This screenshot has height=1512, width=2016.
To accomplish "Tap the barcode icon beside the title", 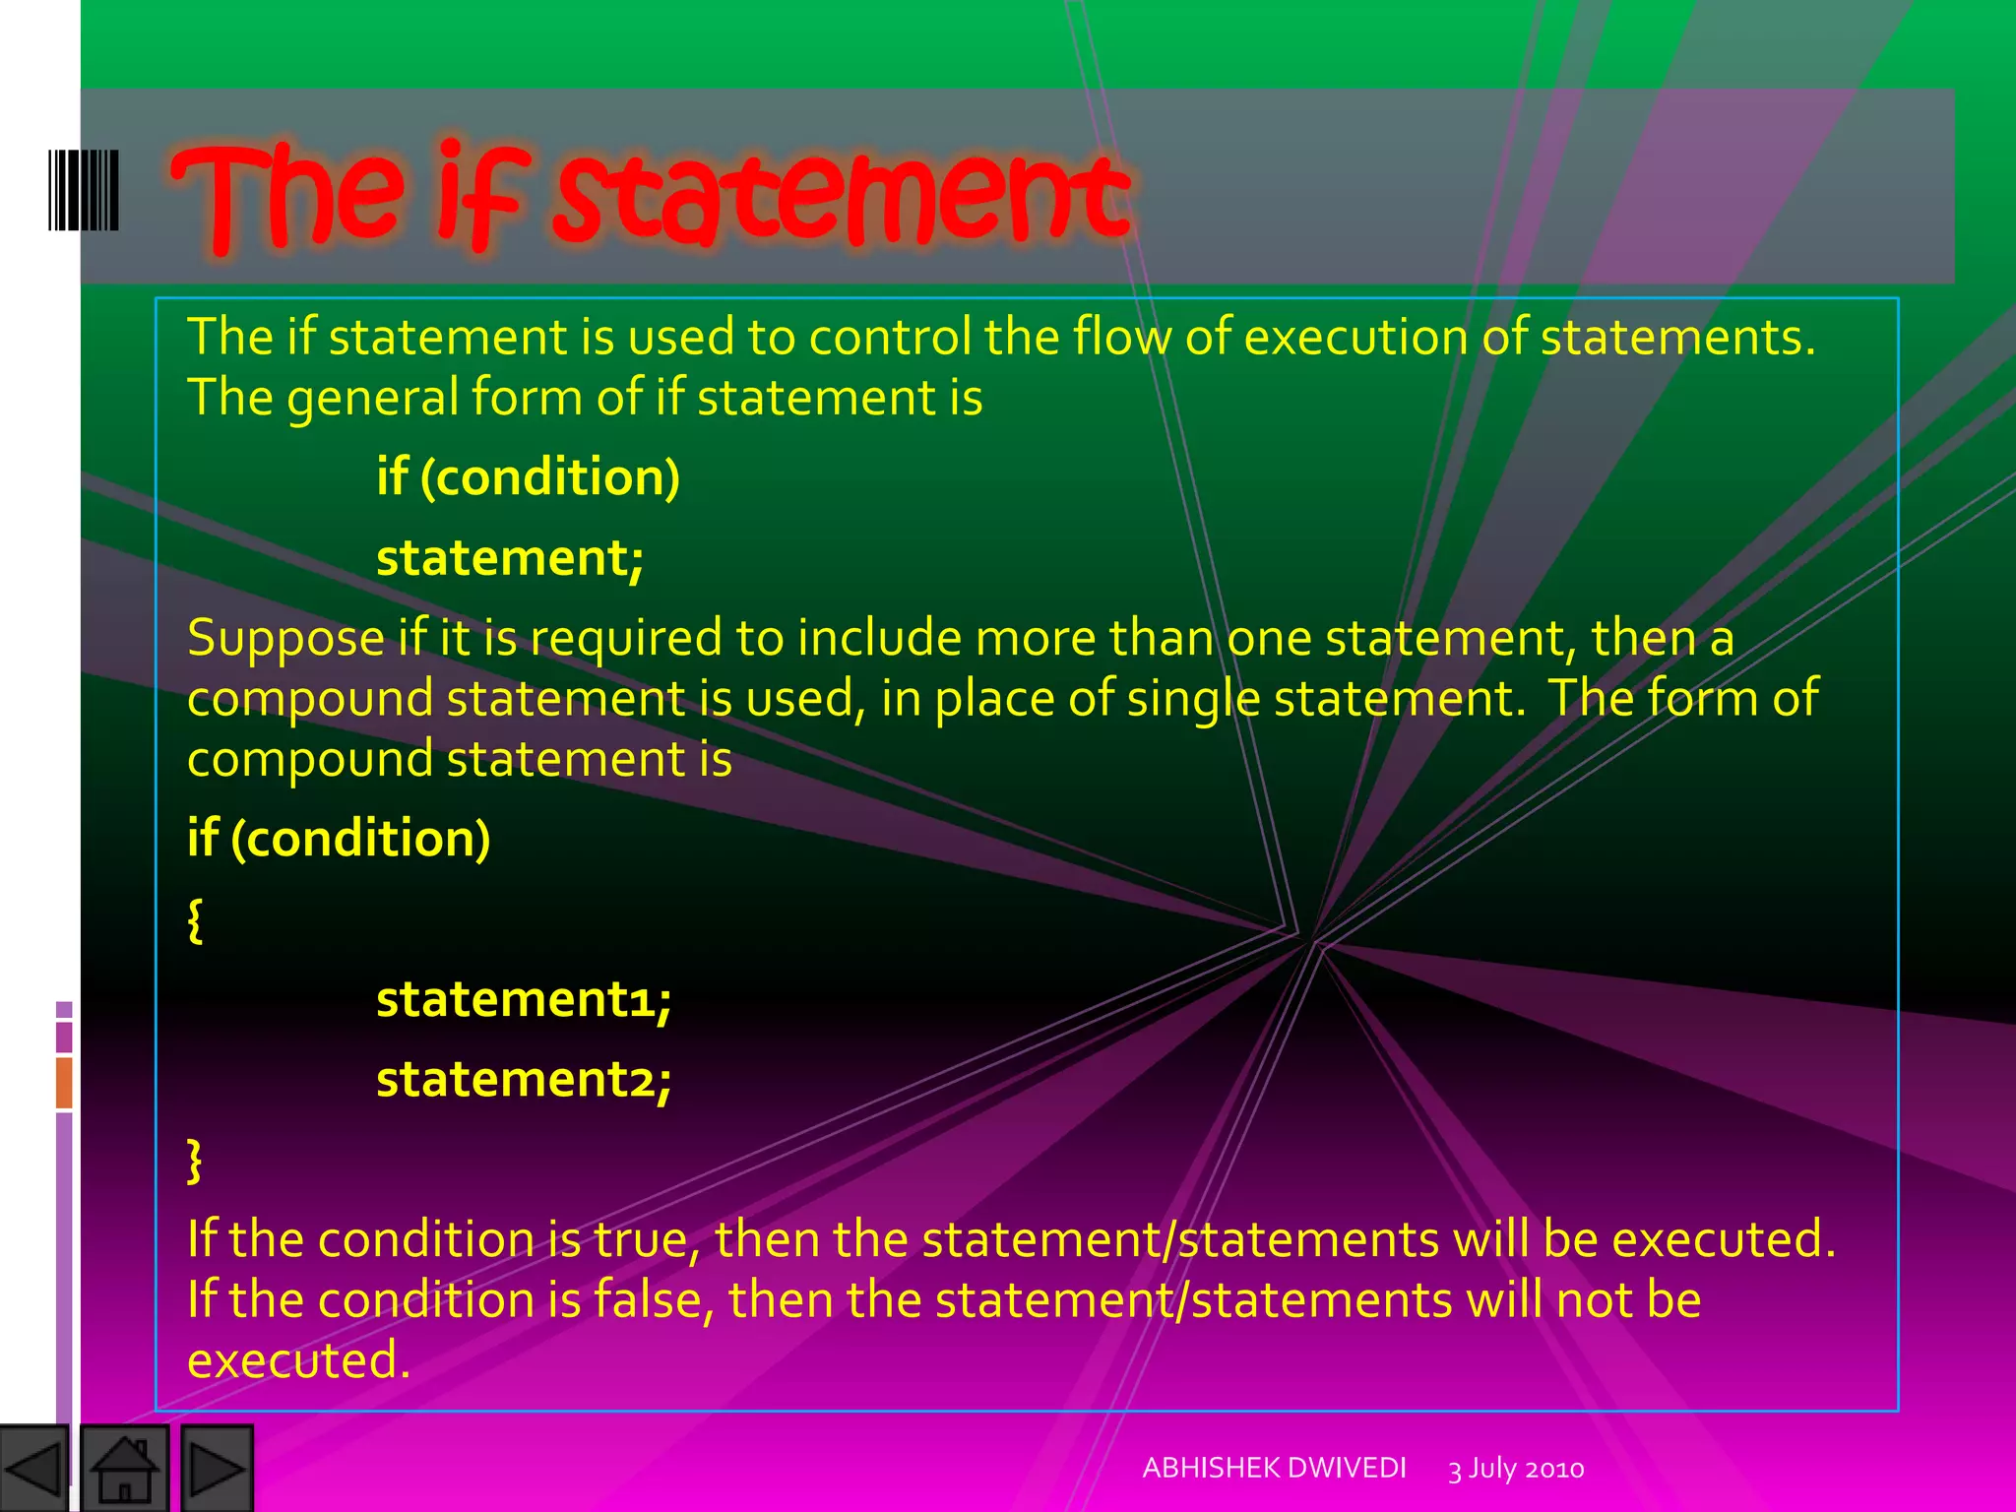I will coord(84,190).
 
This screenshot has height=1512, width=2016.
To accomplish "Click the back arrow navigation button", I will coord(34,1469).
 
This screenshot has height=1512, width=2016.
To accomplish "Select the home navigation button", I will coord(124,1469).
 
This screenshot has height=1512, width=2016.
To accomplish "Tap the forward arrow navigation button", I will coord(217,1469).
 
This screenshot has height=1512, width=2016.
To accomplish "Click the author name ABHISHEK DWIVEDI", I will coord(1274,1468).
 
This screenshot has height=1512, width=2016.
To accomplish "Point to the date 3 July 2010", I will coord(1516,1469).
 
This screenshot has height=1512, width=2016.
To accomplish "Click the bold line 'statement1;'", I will coord(524,999).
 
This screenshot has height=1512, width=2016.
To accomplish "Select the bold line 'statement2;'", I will coord(524,1079).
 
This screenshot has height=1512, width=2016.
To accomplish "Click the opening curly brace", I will coord(195,920).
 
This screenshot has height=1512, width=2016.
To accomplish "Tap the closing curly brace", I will coord(195,1161).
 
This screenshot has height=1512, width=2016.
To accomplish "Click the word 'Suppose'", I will coord(285,638).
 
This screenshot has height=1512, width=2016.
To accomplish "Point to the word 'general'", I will coord(373,399).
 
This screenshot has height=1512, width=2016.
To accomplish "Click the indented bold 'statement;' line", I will coord(510,557).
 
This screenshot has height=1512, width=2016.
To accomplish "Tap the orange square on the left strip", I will coord(64,1082).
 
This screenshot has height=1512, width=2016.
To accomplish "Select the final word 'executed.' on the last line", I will coord(298,1360).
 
